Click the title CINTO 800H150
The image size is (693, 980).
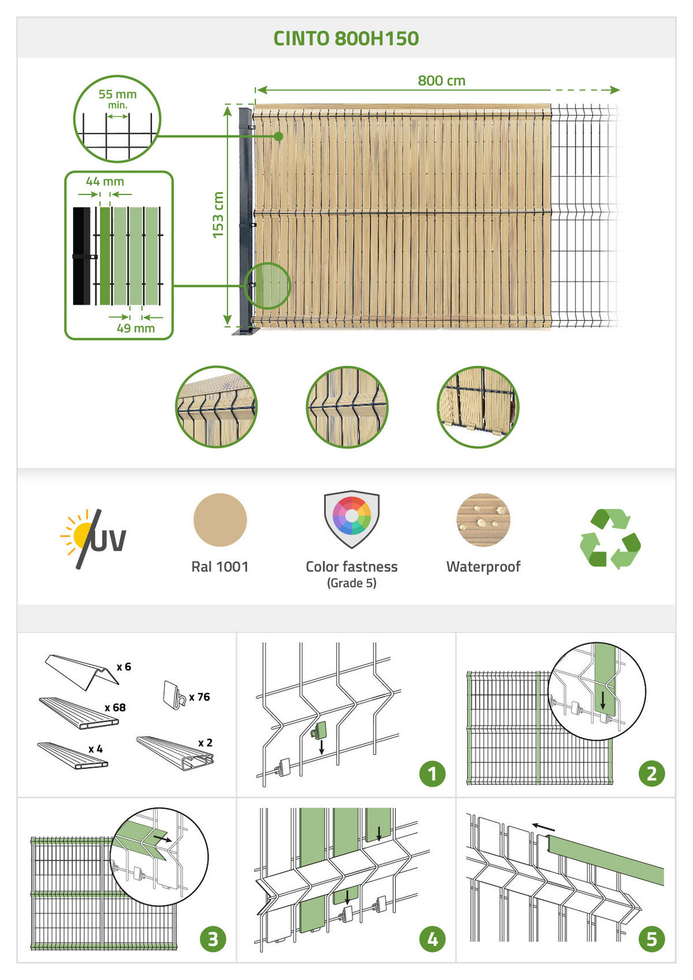346,39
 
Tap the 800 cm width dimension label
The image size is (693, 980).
441,80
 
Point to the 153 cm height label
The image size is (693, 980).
218,215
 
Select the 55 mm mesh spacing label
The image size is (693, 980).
117,94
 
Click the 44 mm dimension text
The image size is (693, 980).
105,181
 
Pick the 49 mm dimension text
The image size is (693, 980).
136,328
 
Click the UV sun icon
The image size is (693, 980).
93,538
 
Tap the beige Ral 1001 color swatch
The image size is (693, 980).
220,520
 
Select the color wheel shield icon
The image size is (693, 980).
352,519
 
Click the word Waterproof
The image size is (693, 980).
483,567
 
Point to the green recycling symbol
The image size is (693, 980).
610,539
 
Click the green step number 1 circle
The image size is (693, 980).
432,774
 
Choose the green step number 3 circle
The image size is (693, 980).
213,940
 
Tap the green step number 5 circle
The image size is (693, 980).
652,940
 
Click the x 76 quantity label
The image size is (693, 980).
200,697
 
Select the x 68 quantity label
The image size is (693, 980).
115,708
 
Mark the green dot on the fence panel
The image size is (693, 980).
278,136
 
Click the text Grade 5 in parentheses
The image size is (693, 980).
352,583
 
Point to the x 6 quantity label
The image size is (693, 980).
124,667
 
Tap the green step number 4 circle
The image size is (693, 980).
432,940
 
